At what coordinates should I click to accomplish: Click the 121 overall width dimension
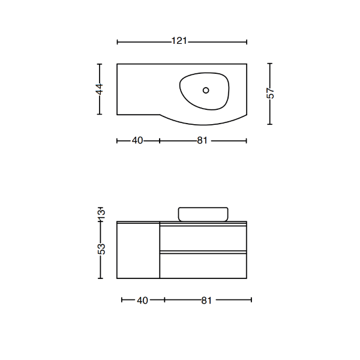click(179, 41)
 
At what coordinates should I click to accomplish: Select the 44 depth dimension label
click(100, 89)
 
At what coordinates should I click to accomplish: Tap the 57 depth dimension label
click(271, 94)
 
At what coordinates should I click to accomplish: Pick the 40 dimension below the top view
click(137, 141)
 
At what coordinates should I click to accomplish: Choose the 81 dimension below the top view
click(202, 141)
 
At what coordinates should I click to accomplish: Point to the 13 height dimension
click(101, 213)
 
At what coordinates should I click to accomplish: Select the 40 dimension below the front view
click(142, 300)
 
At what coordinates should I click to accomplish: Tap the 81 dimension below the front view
click(206, 300)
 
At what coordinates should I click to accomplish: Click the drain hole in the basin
click(206, 90)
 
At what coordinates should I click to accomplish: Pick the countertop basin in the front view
click(203, 214)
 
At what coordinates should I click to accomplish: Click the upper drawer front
click(203, 238)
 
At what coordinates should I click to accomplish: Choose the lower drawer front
click(203, 265)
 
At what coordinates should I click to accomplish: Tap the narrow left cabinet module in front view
click(138, 250)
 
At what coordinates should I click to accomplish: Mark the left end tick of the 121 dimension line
click(118, 41)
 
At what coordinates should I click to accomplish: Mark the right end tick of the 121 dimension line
click(247, 41)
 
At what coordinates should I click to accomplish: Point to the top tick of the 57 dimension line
click(271, 64)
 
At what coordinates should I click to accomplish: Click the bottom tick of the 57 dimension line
click(271, 124)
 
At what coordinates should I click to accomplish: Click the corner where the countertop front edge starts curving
click(159, 114)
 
